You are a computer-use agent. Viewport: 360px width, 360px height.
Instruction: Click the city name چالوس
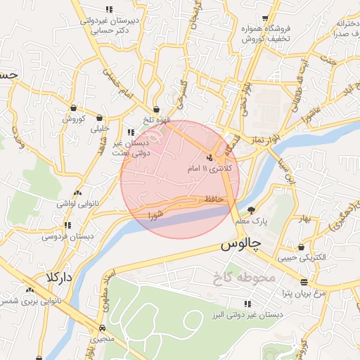[240, 245]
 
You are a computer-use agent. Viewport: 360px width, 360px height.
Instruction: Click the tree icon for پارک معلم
[251, 210]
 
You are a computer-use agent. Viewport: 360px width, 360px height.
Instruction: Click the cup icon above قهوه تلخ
[156, 110]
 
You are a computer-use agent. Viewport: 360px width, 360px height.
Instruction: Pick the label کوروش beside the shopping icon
[73, 119]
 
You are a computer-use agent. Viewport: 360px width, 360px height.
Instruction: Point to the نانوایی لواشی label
[77, 202]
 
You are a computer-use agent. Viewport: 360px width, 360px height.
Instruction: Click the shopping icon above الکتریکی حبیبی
[302, 247]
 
